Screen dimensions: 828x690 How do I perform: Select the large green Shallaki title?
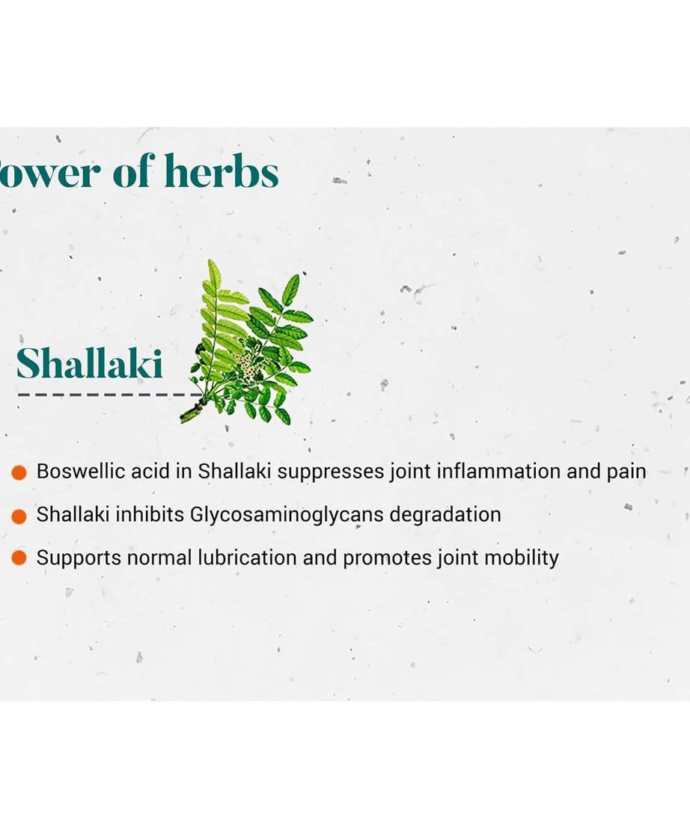click(x=90, y=365)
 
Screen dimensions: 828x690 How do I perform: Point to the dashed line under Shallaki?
click(x=105, y=394)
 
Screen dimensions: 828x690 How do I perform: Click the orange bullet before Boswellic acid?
click(x=19, y=472)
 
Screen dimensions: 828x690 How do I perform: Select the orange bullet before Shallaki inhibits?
click(x=19, y=516)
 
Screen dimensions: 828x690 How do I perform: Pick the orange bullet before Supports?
click(x=19, y=558)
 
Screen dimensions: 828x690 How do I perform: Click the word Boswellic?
click(x=76, y=472)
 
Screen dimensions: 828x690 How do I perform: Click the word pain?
click(x=625, y=472)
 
